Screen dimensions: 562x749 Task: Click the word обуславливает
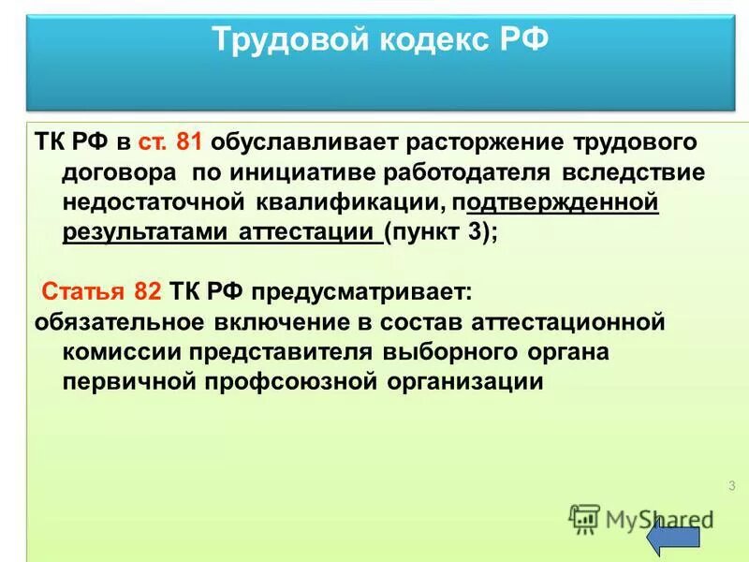305,143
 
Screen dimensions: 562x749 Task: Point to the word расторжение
486,143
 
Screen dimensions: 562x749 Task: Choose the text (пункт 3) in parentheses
437,233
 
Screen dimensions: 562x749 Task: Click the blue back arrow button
673,539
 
